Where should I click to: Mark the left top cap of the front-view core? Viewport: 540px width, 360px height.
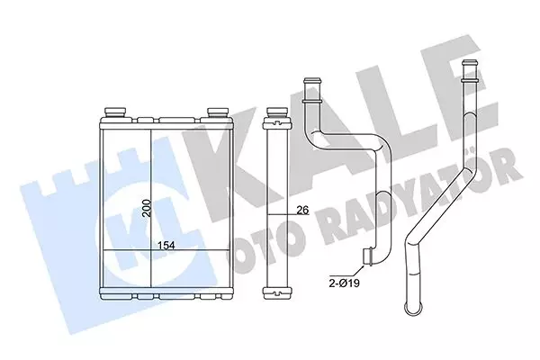tap(116, 112)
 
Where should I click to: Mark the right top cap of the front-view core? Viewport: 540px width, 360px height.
tap(217, 112)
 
